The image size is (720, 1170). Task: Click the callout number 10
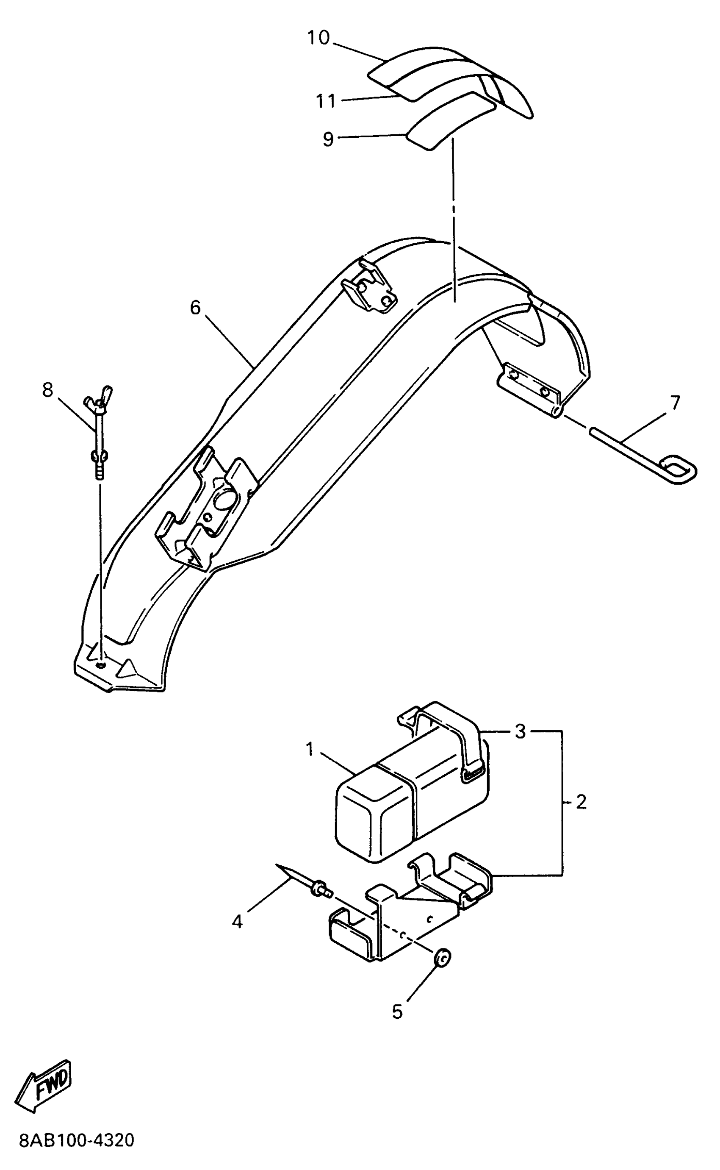(318, 38)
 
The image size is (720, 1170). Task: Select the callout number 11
(326, 101)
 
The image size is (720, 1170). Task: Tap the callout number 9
(328, 139)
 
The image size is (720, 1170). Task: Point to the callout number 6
(195, 308)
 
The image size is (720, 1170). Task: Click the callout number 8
(47, 390)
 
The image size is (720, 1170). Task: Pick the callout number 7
(675, 403)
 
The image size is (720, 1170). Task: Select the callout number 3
(521, 731)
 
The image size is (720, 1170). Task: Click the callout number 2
(581, 802)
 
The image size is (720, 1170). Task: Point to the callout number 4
(237, 922)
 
